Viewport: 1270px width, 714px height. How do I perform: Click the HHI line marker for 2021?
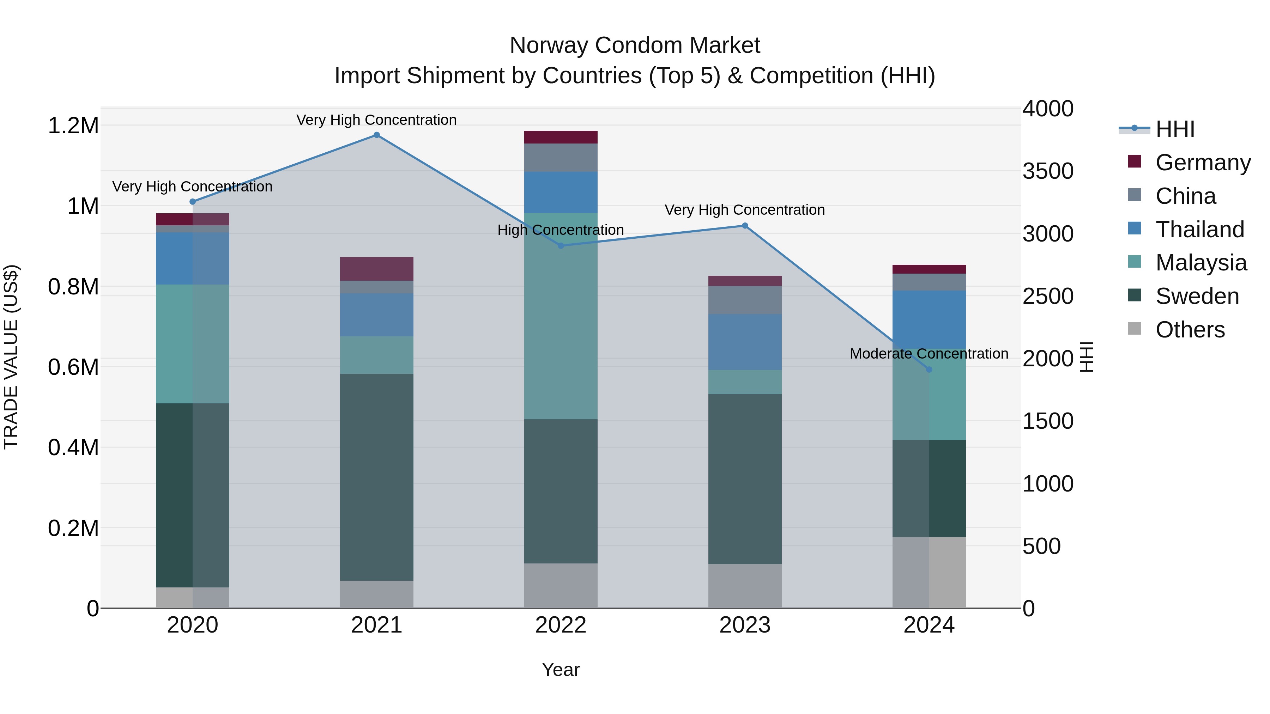[x=377, y=135]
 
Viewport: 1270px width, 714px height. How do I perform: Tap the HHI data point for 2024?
[x=929, y=370]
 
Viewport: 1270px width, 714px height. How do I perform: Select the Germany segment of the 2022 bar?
[x=561, y=137]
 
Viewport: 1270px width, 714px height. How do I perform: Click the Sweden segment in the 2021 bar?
[x=377, y=477]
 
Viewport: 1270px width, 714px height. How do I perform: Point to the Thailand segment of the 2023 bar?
[x=745, y=342]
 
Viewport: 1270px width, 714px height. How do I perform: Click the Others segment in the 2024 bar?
[x=929, y=573]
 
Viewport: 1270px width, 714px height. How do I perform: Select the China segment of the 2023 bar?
[x=745, y=300]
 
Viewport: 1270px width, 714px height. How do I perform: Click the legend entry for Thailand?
[x=1199, y=230]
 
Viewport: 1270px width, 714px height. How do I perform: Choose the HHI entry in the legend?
[x=1175, y=129]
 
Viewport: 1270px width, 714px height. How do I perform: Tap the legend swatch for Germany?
[x=1135, y=161]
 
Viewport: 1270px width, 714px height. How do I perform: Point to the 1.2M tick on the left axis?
[x=73, y=126]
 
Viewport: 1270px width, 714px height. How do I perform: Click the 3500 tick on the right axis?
[x=1048, y=171]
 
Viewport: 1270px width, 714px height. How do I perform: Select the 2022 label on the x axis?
[x=561, y=625]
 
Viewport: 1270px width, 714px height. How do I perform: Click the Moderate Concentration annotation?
[x=929, y=354]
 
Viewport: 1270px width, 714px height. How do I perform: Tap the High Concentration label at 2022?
[x=561, y=230]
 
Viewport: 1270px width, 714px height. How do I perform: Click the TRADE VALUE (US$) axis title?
[x=11, y=357]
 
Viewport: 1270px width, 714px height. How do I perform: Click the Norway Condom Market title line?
[x=635, y=45]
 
